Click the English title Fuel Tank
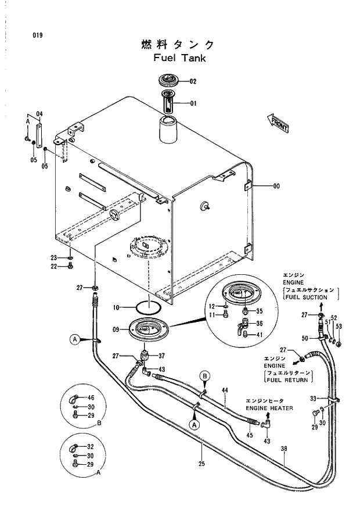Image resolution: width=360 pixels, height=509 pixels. pos(179,58)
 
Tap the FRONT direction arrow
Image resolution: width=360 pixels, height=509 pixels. pos(278,122)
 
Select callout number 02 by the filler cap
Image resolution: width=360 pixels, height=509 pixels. pos(193,81)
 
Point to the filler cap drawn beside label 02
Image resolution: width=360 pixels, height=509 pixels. pos(169,81)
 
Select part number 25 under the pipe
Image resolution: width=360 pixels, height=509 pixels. pos(201,463)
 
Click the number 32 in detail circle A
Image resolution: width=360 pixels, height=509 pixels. pos(91,447)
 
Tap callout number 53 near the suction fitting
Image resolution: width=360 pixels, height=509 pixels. pos(339,326)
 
